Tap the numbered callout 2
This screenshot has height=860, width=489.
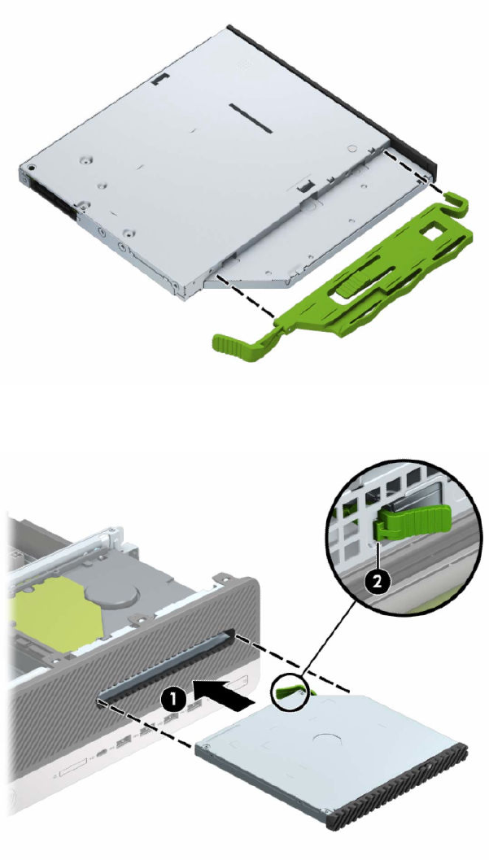pos(377,583)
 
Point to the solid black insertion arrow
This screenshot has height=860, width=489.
pos(220,694)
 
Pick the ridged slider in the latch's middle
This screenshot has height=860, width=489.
pos(351,286)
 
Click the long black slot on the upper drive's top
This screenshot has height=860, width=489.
pos(251,118)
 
